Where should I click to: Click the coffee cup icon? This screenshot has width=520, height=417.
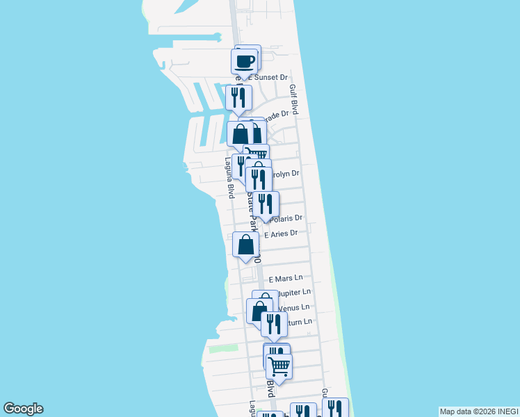(x=245, y=61)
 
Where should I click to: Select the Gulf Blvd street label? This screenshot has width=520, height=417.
(x=294, y=99)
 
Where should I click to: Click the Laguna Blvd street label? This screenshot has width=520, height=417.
(x=228, y=177)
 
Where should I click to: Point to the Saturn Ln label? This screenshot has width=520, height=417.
(x=300, y=322)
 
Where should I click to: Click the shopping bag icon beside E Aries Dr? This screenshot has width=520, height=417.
(x=246, y=245)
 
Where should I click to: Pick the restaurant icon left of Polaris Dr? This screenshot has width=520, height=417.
(x=265, y=204)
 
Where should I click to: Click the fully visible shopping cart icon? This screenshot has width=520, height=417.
(x=279, y=366)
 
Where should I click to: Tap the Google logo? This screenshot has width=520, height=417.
(x=23, y=409)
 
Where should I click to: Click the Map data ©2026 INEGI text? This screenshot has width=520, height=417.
(x=478, y=411)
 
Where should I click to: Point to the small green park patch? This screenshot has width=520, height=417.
(x=223, y=348)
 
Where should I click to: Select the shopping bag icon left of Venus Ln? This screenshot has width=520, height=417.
(x=259, y=310)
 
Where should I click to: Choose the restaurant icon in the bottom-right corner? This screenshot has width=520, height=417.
(x=336, y=409)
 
